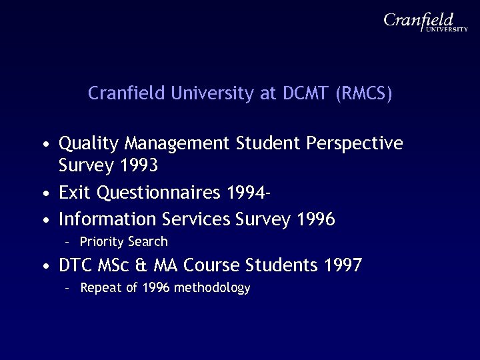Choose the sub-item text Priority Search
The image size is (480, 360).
tap(123, 241)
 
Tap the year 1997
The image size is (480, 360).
tap(342, 266)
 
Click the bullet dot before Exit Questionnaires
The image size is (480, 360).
tap(44, 195)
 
